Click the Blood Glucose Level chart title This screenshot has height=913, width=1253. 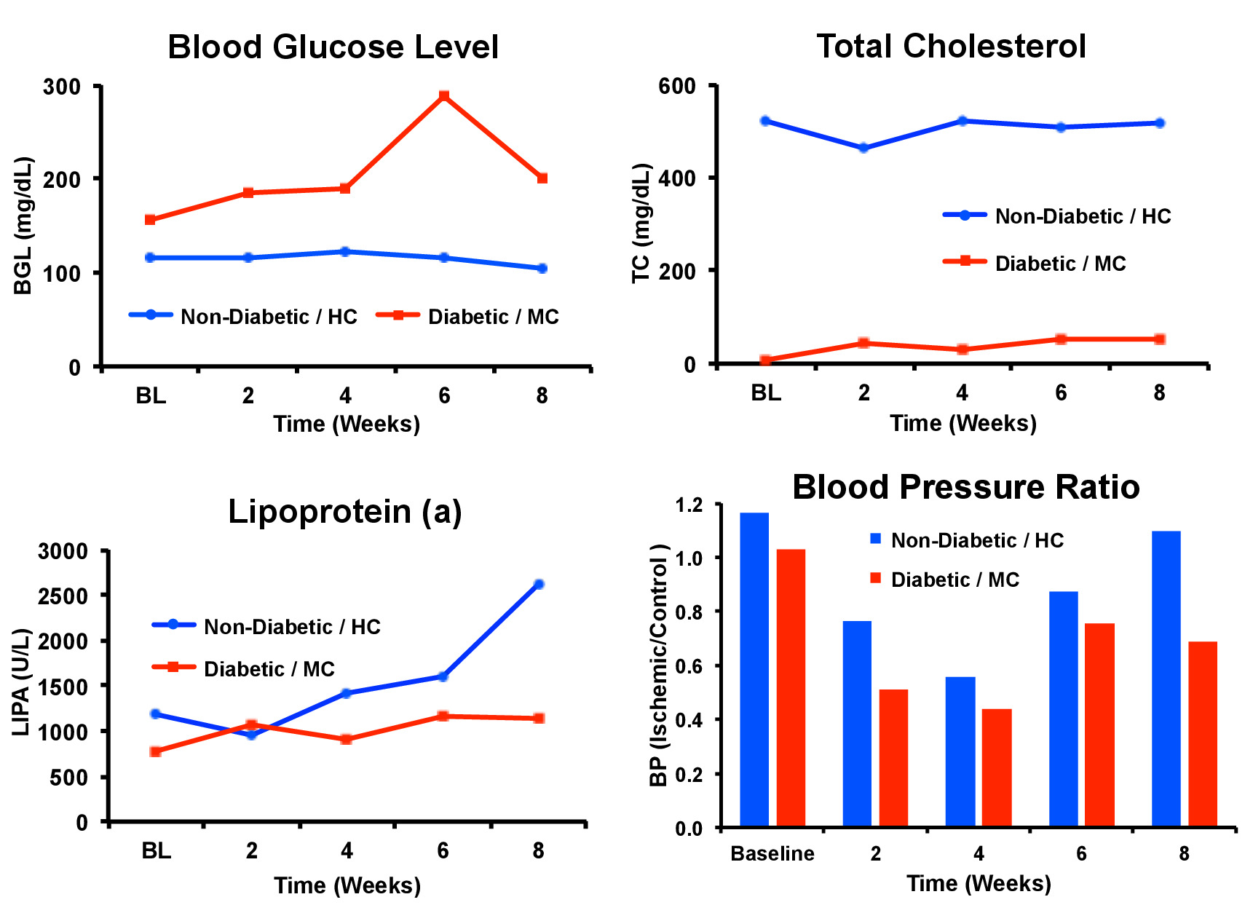click(333, 47)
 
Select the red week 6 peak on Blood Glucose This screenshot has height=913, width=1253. click(444, 96)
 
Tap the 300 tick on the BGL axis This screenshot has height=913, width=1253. click(63, 87)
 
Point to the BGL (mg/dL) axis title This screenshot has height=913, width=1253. click(24, 225)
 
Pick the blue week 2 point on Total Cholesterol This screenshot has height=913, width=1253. click(864, 148)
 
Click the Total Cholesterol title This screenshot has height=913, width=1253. click(951, 47)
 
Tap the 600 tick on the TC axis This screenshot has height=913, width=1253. click(677, 87)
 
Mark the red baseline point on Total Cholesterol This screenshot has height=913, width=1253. click(766, 360)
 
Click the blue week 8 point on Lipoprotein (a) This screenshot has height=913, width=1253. click(539, 584)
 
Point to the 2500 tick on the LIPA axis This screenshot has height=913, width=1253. click(63, 596)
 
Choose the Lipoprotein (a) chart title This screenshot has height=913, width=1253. click(344, 512)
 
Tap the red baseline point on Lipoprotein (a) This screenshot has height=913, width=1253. click(156, 751)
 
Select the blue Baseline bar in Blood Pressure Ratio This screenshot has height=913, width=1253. click(754, 670)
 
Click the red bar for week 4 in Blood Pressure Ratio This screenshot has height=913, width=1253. click(997, 768)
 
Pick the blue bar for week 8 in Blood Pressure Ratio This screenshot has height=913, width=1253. click(1166, 679)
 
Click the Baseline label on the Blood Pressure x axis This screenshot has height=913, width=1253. click(772, 853)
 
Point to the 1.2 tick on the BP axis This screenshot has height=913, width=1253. click(689, 505)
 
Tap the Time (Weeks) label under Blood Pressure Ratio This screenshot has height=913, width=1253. click(979, 883)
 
